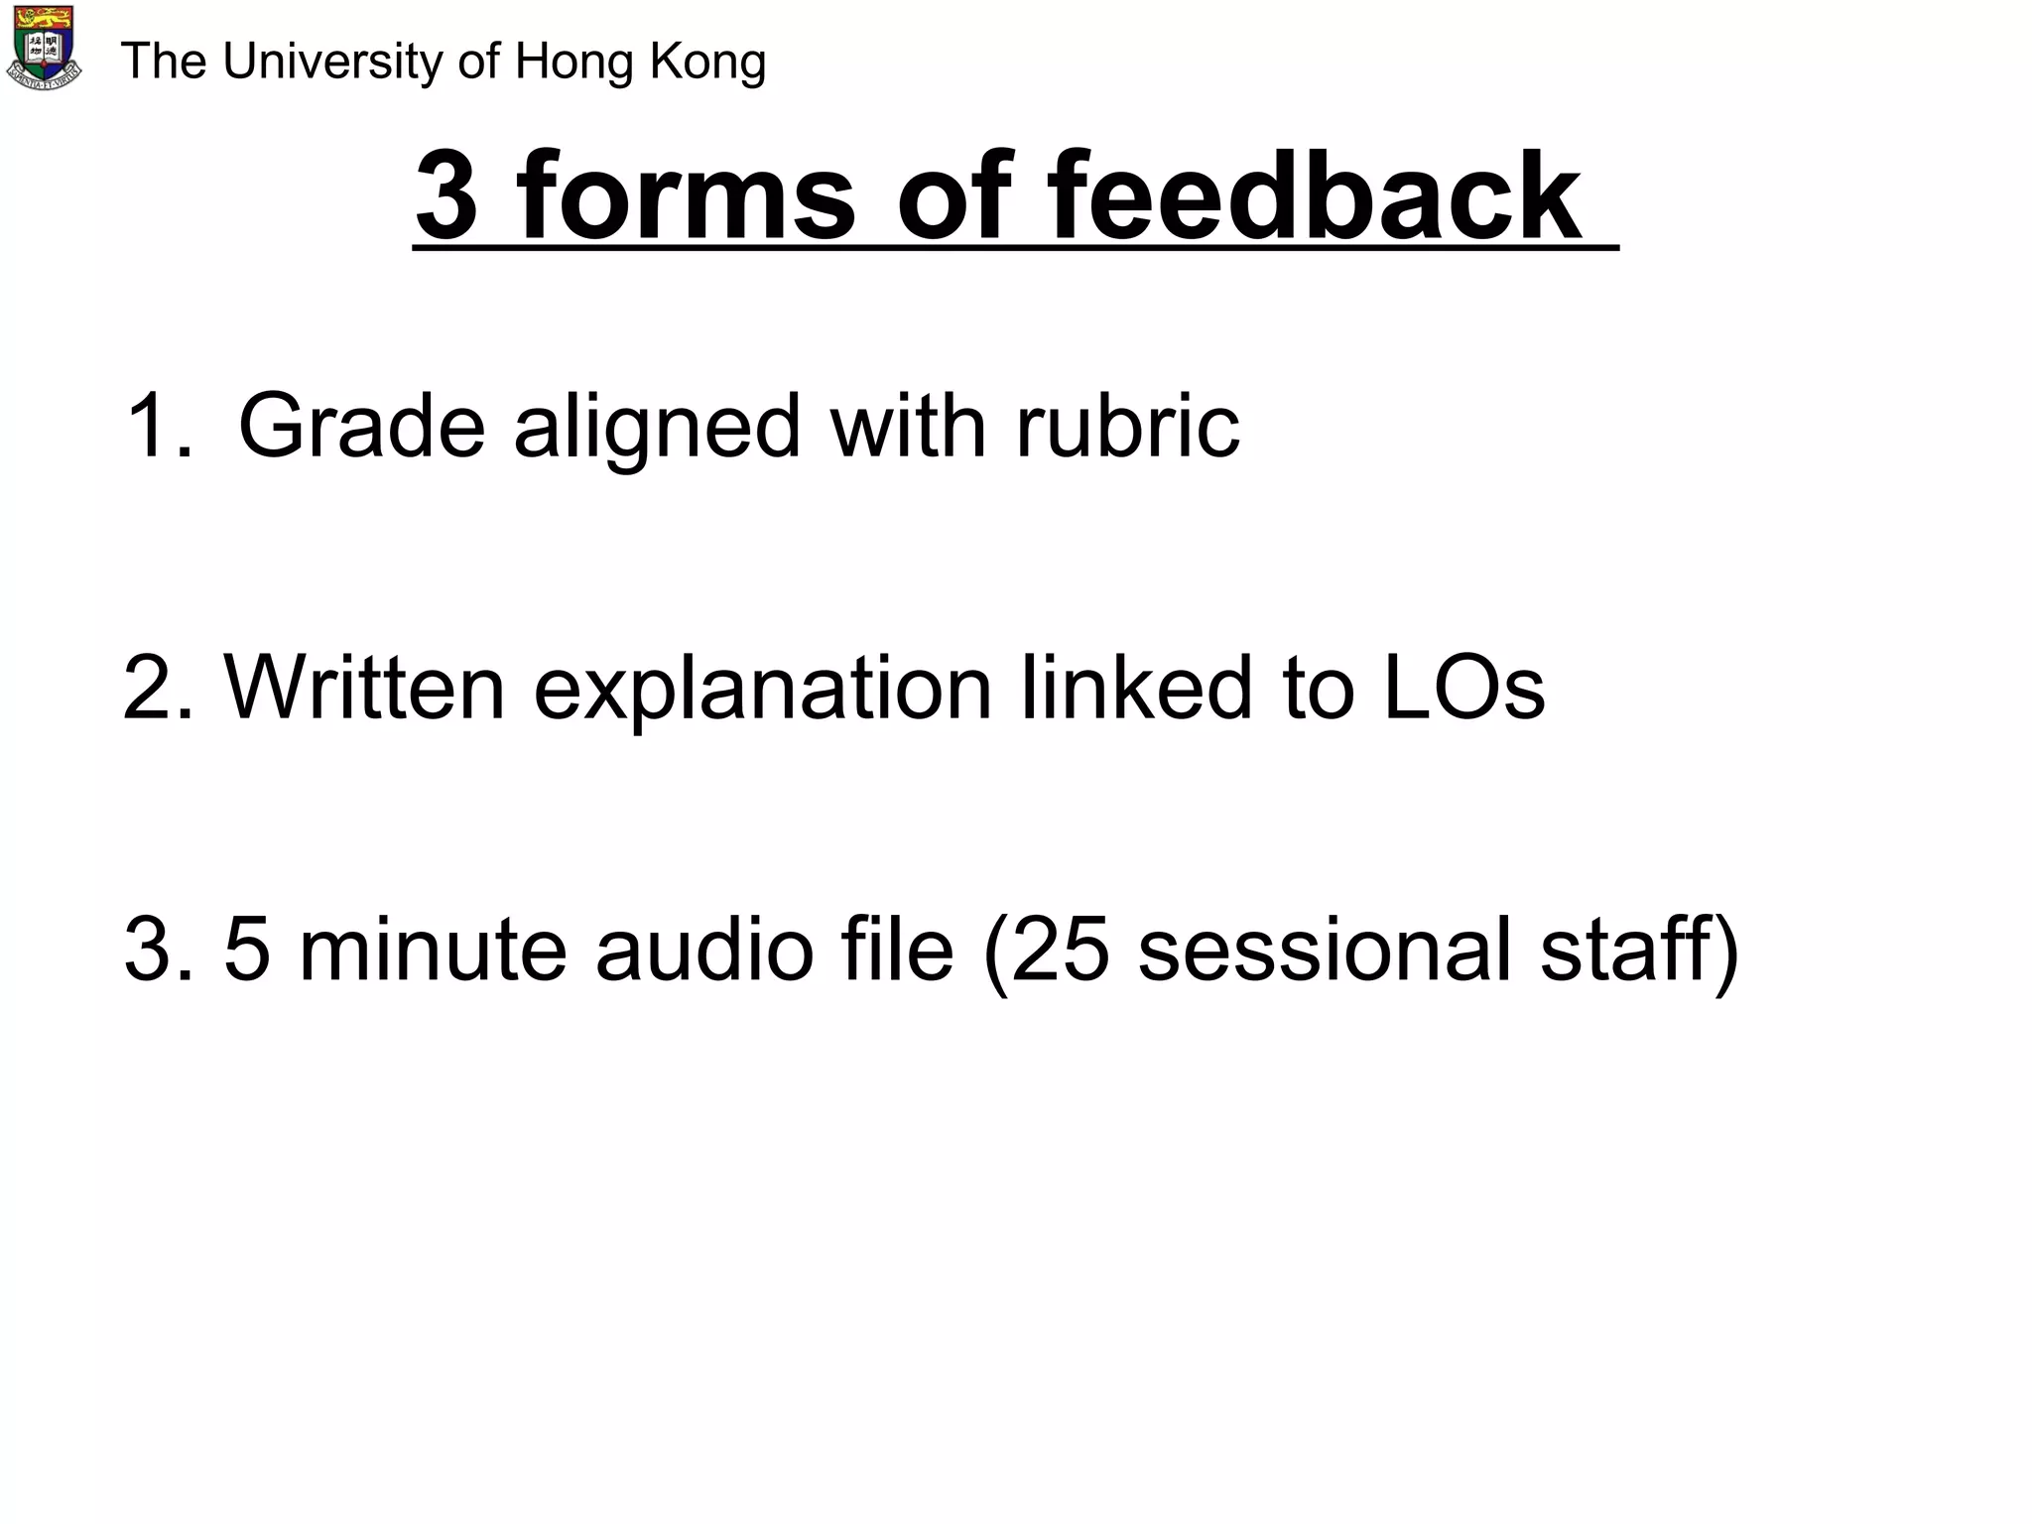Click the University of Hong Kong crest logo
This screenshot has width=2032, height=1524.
pos(45,48)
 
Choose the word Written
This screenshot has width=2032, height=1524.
pos(364,687)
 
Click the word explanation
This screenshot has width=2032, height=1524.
pos(763,689)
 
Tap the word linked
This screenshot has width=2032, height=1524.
pos(1137,687)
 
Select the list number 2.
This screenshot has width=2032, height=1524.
pos(157,687)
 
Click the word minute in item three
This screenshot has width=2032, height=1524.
pos(433,949)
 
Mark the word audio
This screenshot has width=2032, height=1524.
pos(704,949)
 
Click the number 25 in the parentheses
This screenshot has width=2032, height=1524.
pos(1060,949)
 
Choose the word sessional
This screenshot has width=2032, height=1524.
pos(1325,949)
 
